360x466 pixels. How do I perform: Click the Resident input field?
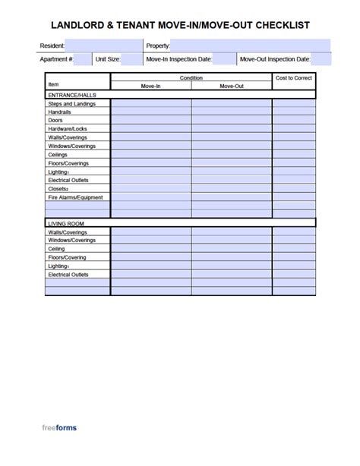103,46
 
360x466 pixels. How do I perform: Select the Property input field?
251,46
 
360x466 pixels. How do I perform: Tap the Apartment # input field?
84,58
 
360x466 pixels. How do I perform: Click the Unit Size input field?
131,58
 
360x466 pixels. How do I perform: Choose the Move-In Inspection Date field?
224,58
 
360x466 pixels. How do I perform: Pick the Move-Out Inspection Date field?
321,58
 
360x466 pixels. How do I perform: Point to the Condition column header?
191,77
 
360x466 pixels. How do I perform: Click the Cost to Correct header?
294,77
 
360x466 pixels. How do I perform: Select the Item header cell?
53,84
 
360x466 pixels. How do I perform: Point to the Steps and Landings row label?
71,103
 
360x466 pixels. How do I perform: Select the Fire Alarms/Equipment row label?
75,197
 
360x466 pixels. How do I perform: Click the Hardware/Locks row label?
68,129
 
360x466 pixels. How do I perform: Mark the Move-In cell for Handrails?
151,112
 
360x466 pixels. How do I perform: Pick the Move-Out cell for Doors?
232,120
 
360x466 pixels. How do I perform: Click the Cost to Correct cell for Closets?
294,189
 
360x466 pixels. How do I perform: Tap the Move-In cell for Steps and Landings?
151,103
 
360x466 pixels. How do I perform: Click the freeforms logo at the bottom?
59,428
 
